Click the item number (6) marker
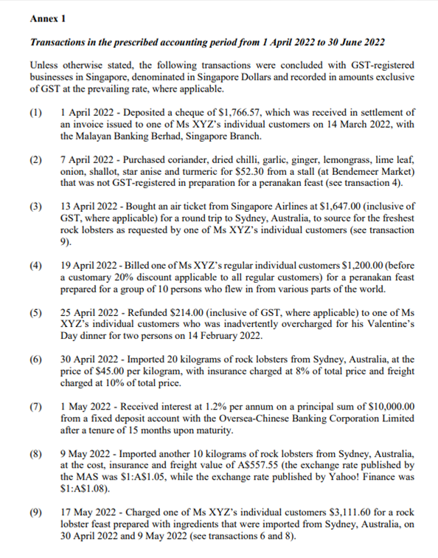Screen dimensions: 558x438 pyautogui.click(x=36, y=359)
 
